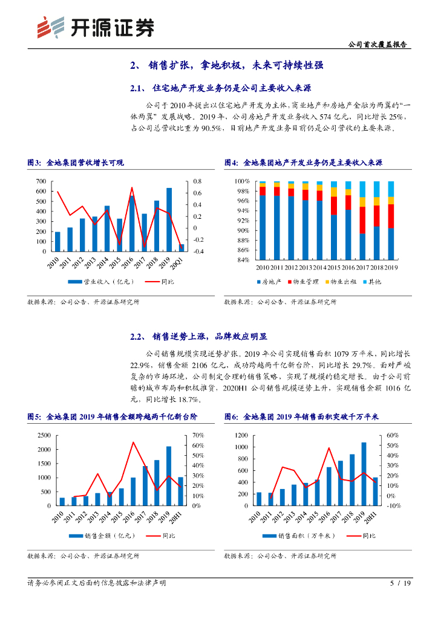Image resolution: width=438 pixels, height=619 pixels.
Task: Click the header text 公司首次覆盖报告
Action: tap(378, 44)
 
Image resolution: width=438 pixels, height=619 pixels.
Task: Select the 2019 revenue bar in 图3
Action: tap(169, 219)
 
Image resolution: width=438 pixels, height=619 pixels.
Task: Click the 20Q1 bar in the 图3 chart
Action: tap(181, 247)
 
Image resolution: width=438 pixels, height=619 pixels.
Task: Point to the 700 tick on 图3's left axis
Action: tap(41, 181)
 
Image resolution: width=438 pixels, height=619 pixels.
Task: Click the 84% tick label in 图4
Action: tap(243, 260)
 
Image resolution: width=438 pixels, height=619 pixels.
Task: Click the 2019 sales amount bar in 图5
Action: tap(169, 476)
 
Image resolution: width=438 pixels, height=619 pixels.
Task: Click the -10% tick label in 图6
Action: tap(393, 505)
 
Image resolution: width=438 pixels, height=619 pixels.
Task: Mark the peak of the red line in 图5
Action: tap(133, 442)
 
